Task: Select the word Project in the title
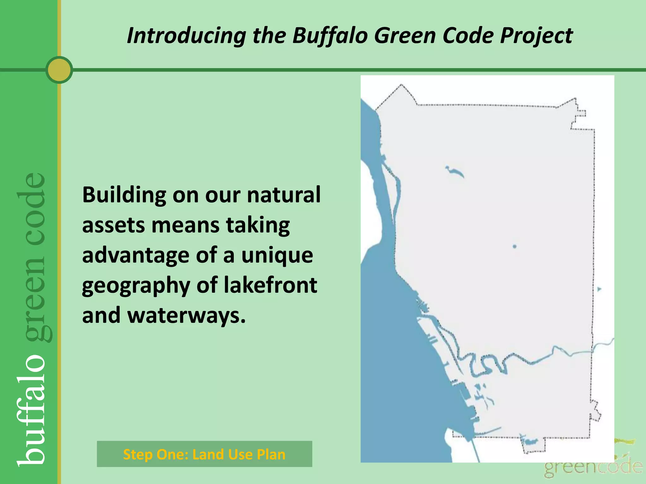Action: (x=536, y=35)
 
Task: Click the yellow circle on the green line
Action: (x=59, y=70)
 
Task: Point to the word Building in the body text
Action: (x=124, y=195)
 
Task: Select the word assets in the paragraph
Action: (x=113, y=225)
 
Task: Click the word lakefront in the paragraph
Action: (x=270, y=285)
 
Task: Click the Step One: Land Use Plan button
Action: (x=204, y=454)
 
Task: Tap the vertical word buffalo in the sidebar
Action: (x=32, y=410)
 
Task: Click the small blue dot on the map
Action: (x=514, y=246)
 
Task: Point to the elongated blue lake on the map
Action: (x=455, y=171)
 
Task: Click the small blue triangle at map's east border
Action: (x=599, y=289)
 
